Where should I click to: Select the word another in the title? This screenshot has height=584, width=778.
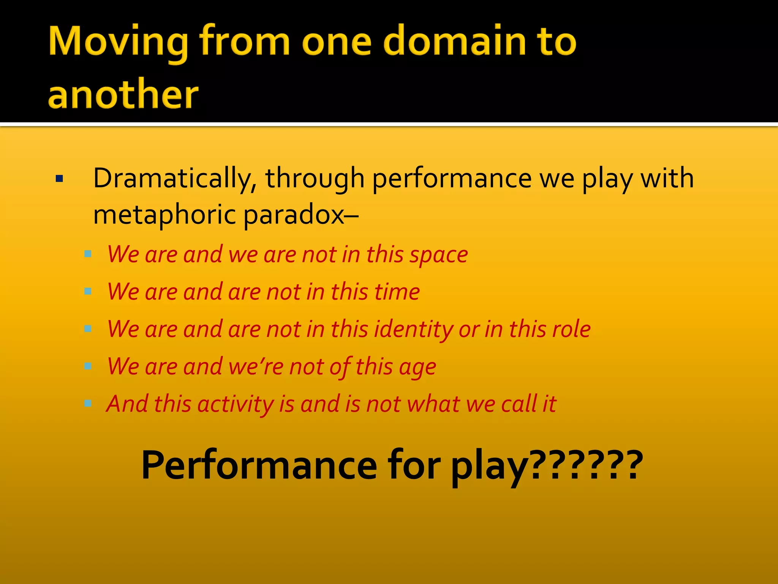[x=123, y=94]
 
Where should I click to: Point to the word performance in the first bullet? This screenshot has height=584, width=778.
[x=452, y=179]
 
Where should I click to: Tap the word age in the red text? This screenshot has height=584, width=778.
[x=417, y=367]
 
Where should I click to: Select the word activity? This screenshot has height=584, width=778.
[x=236, y=404]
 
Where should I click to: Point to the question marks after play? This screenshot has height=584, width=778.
[x=585, y=465]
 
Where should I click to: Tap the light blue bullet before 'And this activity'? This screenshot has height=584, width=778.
[x=88, y=403]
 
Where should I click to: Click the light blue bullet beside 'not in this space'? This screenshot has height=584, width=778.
[x=88, y=254]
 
